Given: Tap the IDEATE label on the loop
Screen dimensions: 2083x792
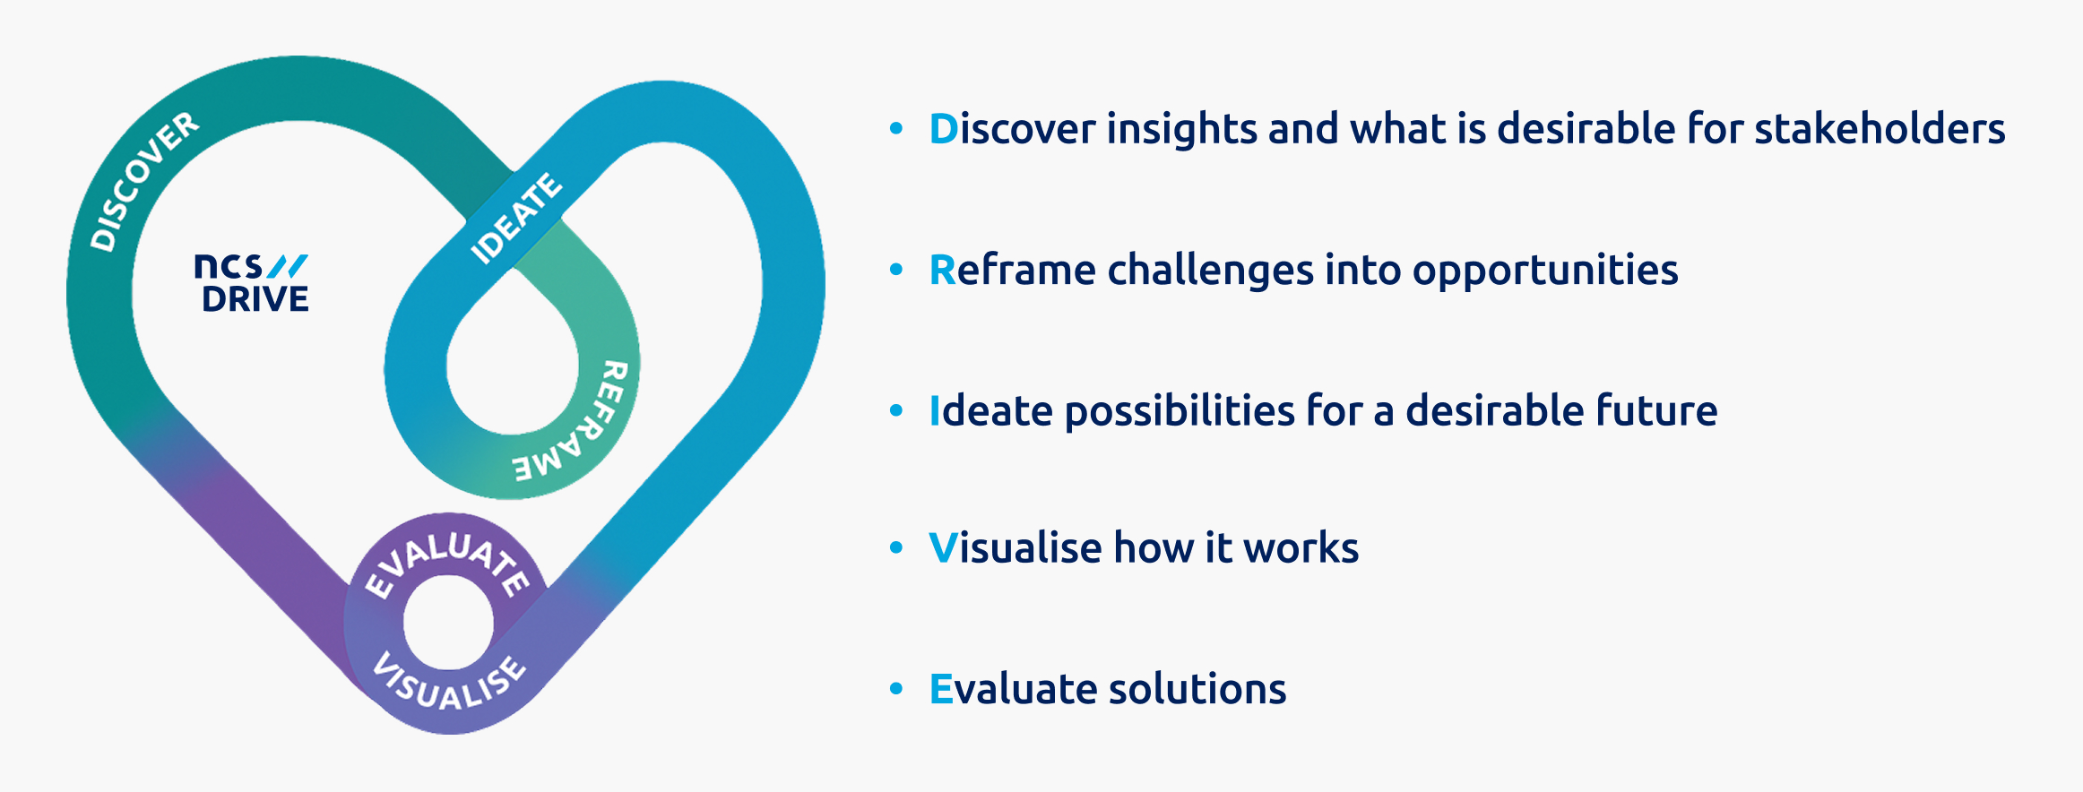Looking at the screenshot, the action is pos(516,219).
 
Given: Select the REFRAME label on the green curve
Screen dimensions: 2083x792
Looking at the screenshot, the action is pos(573,422).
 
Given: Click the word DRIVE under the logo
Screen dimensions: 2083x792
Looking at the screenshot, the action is pos(255,299).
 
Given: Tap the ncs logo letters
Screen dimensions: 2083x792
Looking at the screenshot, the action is pos(229,266).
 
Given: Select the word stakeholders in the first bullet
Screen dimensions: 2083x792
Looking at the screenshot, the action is pos(1880,128).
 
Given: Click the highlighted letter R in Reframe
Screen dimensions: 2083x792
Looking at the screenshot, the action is pos(943,270).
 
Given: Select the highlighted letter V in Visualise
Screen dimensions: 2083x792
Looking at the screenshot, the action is pos(944,548).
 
